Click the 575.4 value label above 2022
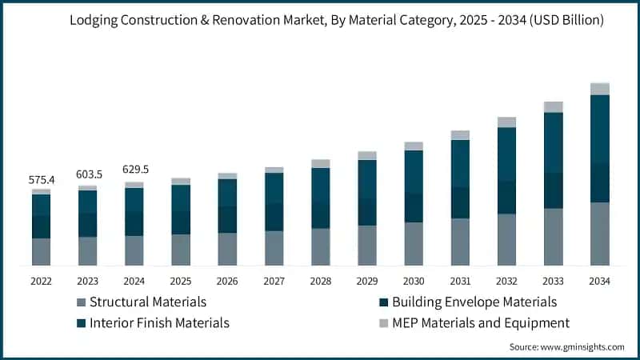pyautogui.click(x=41, y=180)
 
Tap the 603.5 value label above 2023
pyautogui.click(x=87, y=174)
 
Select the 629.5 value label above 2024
pyautogui.click(x=134, y=170)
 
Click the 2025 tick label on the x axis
pyautogui.click(x=181, y=281)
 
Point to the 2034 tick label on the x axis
pyautogui.click(x=599, y=281)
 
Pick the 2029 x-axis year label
pyautogui.click(x=366, y=281)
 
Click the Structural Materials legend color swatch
pyautogui.click(x=81, y=302)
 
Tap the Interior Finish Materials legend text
pyautogui.click(x=159, y=323)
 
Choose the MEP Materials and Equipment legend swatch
pyautogui.click(x=384, y=323)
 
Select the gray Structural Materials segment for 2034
pyautogui.click(x=599, y=234)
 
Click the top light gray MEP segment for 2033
pyautogui.click(x=553, y=107)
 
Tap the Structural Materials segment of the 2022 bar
pyautogui.click(x=41, y=251)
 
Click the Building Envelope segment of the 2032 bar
pyautogui.click(x=506, y=197)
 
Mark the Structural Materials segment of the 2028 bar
pyautogui.click(x=320, y=246)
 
